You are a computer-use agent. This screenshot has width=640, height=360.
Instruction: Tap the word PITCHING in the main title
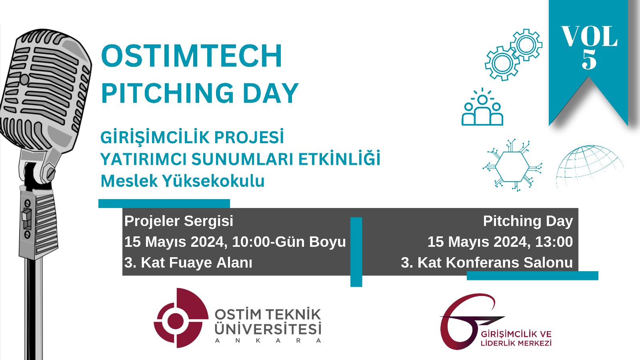pyautogui.click(x=168, y=93)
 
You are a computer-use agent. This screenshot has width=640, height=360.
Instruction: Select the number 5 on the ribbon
pyautogui.click(x=589, y=59)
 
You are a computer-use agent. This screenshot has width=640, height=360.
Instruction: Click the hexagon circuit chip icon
pyautogui.click(x=512, y=166)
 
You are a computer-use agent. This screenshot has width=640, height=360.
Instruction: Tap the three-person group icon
pyautogui.click(x=482, y=107)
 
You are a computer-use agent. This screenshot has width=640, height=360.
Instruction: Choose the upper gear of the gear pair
pyautogui.click(x=526, y=44)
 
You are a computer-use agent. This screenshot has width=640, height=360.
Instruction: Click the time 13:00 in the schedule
pyautogui.click(x=554, y=242)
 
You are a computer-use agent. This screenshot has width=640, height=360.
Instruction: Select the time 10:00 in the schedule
pyautogui.click(x=251, y=242)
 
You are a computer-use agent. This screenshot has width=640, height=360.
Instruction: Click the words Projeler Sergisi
pyautogui.click(x=179, y=221)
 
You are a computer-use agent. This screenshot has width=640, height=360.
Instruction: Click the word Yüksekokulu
pyautogui.click(x=214, y=181)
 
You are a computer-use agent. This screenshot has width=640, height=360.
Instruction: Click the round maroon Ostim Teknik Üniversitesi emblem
pyautogui.click(x=181, y=318)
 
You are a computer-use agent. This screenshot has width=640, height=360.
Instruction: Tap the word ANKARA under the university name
pyautogui.click(x=268, y=340)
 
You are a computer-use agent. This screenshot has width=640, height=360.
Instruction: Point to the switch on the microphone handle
pyautogui.click(x=27, y=219)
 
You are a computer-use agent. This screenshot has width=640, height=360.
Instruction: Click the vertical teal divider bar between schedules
pyautogui.click(x=356, y=252)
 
